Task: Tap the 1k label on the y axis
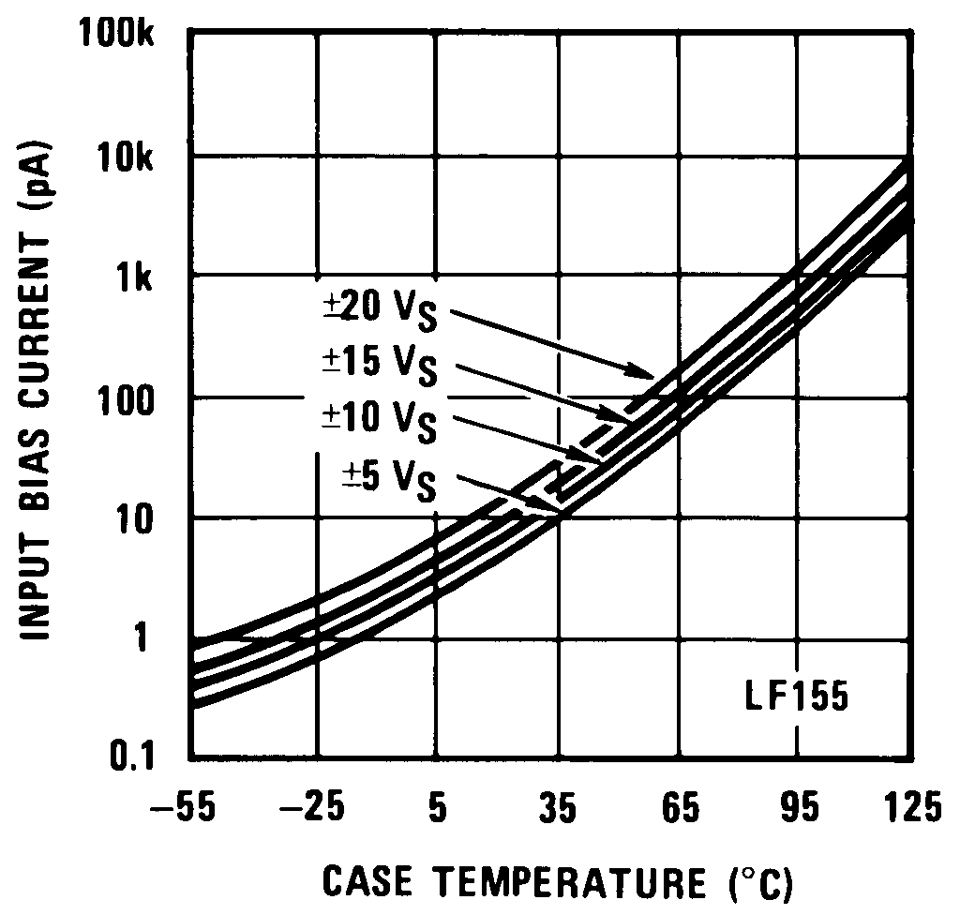point(149,278)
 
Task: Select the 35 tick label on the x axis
point(559,806)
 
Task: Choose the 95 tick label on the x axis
point(800,806)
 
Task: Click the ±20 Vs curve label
point(382,309)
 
